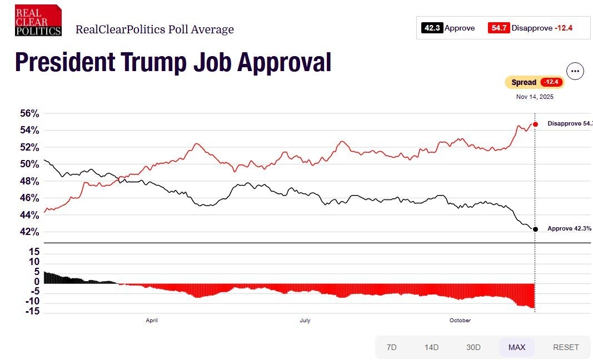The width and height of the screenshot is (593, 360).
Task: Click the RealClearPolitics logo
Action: (x=38, y=21)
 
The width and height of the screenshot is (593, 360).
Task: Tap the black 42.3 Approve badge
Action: (x=432, y=28)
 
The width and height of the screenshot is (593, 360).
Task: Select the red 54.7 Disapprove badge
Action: (x=499, y=28)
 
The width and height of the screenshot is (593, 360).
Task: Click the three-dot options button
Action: (x=575, y=71)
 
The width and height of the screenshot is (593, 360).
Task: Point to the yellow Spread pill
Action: (x=534, y=82)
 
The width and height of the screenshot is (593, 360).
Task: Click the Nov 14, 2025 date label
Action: (x=535, y=97)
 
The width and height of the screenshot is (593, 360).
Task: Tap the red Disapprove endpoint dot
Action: (x=535, y=124)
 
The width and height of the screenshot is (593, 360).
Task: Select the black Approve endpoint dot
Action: (x=535, y=229)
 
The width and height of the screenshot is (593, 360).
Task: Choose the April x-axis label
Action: (x=152, y=321)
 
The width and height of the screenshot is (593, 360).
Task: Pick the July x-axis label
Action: (x=305, y=321)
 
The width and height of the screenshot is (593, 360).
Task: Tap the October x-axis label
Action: (x=460, y=321)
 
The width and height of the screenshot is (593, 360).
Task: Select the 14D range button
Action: (x=431, y=347)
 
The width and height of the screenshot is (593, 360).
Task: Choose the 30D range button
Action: (x=474, y=347)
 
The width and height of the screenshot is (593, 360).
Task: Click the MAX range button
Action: (x=516, y=347)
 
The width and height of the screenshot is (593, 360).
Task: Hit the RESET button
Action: (x=566, y=347)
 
